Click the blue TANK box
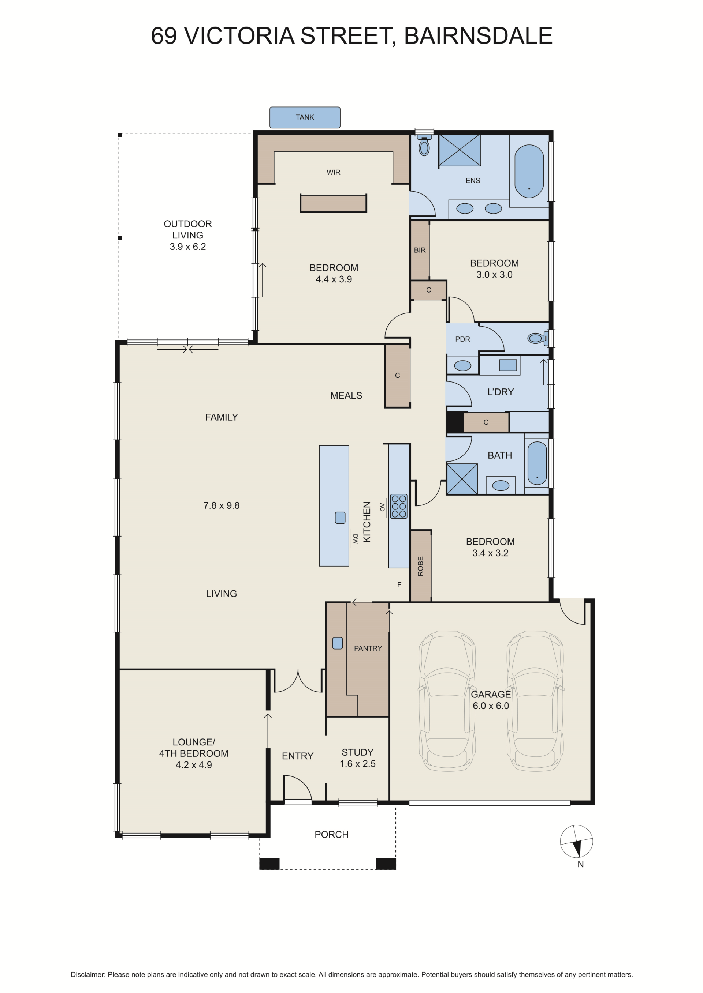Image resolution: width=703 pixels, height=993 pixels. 305,117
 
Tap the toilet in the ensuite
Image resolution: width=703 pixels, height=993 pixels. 424,146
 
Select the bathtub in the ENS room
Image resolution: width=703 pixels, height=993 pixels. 529,171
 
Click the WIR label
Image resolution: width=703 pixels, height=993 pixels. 333,173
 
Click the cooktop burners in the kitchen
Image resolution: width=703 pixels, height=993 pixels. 399,507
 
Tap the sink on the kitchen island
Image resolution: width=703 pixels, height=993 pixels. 340,518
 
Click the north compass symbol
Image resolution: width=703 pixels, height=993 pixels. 576,841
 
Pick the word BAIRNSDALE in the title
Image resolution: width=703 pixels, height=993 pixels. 478,35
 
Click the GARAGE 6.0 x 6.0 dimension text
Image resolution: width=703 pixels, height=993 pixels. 491,706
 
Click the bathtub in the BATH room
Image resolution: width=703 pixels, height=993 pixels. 537,463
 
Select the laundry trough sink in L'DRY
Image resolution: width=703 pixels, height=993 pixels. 508,365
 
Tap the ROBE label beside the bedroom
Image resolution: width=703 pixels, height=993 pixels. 420,566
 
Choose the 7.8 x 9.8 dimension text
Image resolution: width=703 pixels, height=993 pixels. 221,505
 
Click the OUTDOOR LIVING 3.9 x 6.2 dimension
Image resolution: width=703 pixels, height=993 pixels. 188,247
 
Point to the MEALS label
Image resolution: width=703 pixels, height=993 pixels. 346,396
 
